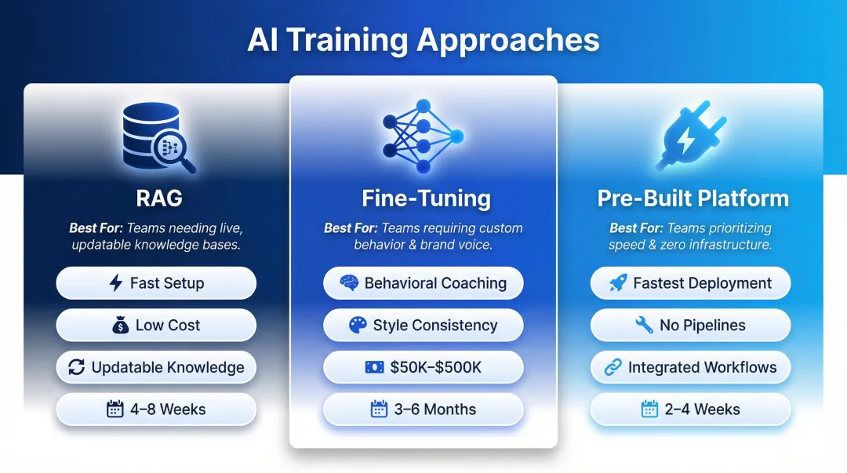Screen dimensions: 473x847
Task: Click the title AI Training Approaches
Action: pos(423,40)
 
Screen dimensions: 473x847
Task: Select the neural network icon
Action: pos(423,136)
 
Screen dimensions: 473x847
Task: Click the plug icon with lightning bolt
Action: pos(689,139)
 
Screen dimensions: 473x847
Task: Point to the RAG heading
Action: pos(158,198)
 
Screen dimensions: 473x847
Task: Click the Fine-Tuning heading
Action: pos(423,198)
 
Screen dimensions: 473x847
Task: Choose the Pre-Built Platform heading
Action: pos(693,198)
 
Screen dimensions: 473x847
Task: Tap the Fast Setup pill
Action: pos(156,283)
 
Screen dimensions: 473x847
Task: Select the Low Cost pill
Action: pos(156,326)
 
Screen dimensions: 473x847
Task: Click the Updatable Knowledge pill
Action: pos(156,367)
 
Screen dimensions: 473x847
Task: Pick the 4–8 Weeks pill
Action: pos(156,409)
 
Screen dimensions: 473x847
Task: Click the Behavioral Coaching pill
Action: pos(423,283)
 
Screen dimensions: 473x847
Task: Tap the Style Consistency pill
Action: pos(423,326)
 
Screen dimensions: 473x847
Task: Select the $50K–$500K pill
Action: pos(423,367)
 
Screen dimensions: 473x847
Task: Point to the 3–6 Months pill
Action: pos(423,409)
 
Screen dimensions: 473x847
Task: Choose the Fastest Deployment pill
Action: pos(690,283)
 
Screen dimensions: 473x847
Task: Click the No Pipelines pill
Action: pos(690,326)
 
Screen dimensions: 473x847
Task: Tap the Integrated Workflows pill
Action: pos(690,367)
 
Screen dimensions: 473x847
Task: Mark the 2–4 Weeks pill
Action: pos(690,409)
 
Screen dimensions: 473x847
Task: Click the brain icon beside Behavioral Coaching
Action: pos(350,284)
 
